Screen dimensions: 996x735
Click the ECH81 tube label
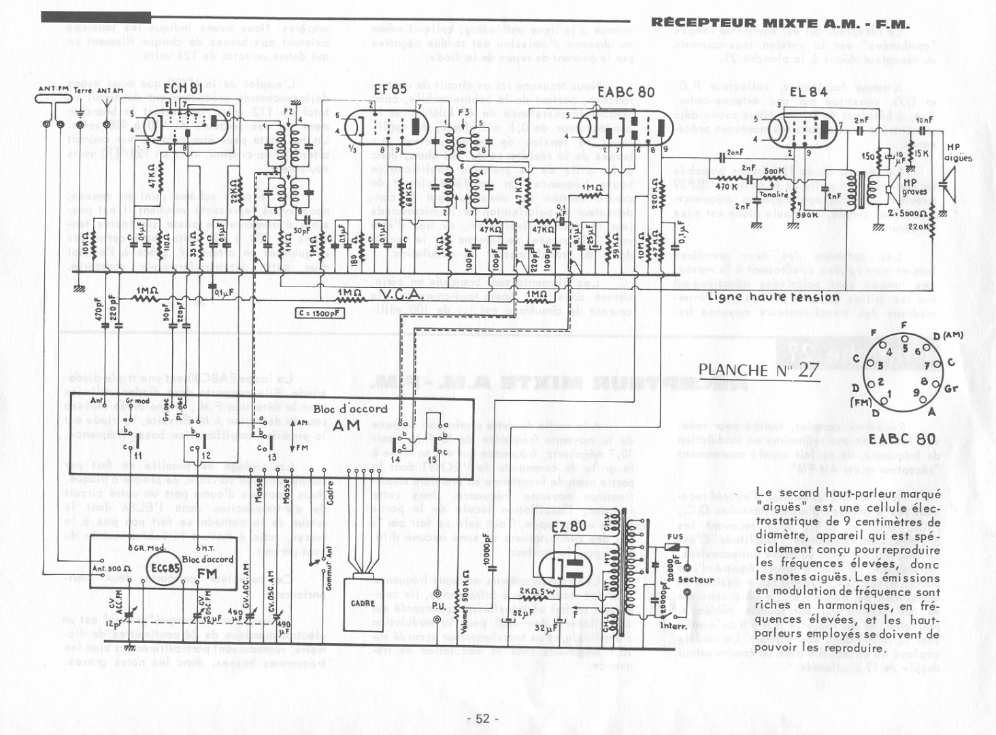pos(182,90)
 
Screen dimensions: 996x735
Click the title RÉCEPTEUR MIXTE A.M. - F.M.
pos(780,22)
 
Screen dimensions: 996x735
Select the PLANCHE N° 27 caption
pos(759,370)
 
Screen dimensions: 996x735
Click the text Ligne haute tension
pos(774,297)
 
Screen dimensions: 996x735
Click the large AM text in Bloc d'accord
pos(348,425)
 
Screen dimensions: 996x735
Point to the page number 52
pos(483,719)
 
